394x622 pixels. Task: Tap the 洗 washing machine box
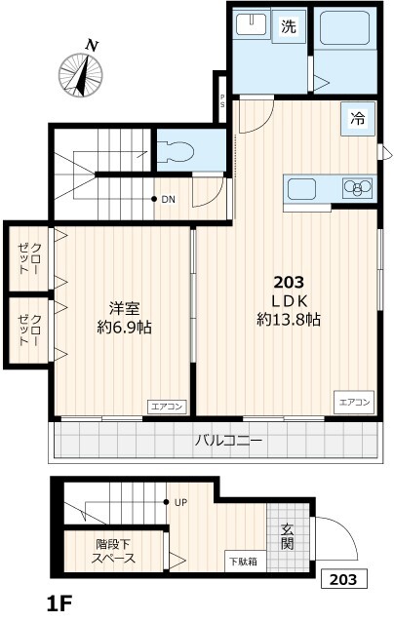tap(289, 28)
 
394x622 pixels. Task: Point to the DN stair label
tap(168, 200)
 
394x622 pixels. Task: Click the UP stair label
tap(180, 503)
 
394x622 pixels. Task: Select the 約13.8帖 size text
tap(290, 320)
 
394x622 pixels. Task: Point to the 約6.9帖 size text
tap(123, 327)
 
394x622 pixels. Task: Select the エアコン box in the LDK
tap(355, 402)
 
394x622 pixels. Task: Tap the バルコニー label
tap(228, 441)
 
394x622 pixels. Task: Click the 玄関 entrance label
tap(289, 537)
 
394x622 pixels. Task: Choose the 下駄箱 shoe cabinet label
tap(243, 561)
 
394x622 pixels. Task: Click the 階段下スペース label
tap(115, 552)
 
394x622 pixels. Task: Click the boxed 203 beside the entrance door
tap(344, 579)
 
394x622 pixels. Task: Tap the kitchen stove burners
tap(356, 187)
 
